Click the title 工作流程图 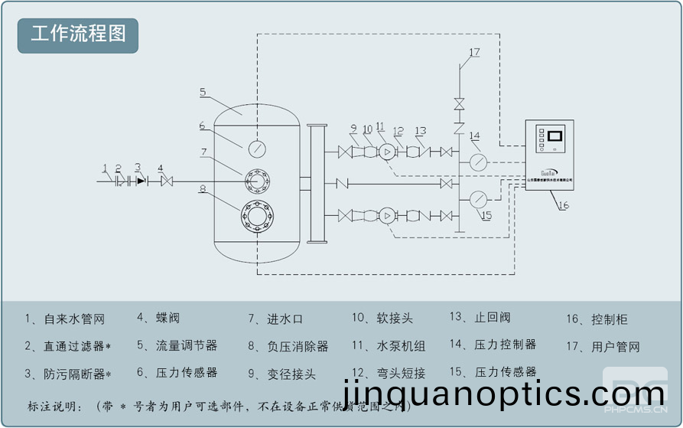coord(77,35)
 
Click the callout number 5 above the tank coord(203,93)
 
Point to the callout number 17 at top coord(474,53)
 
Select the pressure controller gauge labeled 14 coord(478,162)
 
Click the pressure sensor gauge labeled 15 coord(478,198)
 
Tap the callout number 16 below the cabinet coord(563,205)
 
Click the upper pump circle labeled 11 coord(387,152)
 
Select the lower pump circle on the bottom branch coord(387,216)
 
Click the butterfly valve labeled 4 coord(166,181)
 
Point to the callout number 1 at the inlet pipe coord(106,168)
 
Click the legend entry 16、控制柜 coord(597,319)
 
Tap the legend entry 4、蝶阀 coord(158,318)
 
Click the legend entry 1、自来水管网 coord(64,319)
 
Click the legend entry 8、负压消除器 coord(288,346)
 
